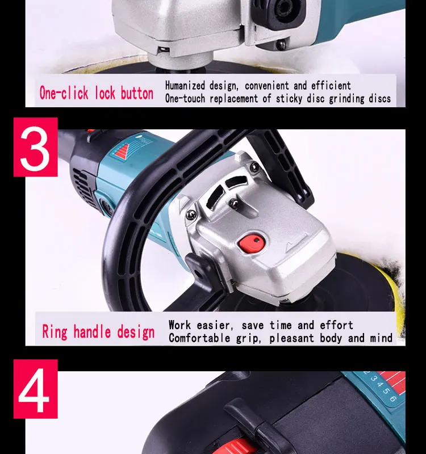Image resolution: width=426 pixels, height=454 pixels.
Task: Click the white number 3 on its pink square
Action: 35,149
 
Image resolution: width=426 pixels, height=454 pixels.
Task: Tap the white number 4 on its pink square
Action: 34,390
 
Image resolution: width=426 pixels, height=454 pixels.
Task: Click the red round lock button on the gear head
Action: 252,243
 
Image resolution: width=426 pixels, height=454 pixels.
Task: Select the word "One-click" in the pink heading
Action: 64,93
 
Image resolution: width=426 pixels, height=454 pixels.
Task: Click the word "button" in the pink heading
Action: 137,93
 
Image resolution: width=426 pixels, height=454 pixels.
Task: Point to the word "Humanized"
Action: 185,86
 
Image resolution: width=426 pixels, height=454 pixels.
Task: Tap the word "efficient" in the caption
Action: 331,86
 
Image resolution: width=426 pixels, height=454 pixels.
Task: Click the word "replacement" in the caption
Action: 233,98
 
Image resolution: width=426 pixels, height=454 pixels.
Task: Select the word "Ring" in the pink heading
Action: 55,331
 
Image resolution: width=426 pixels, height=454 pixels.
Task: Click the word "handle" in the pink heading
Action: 92,331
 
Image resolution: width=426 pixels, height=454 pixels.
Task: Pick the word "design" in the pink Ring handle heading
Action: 136,332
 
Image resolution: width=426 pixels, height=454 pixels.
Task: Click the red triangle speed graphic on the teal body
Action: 122,151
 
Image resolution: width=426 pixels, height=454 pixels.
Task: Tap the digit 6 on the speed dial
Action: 392,399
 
